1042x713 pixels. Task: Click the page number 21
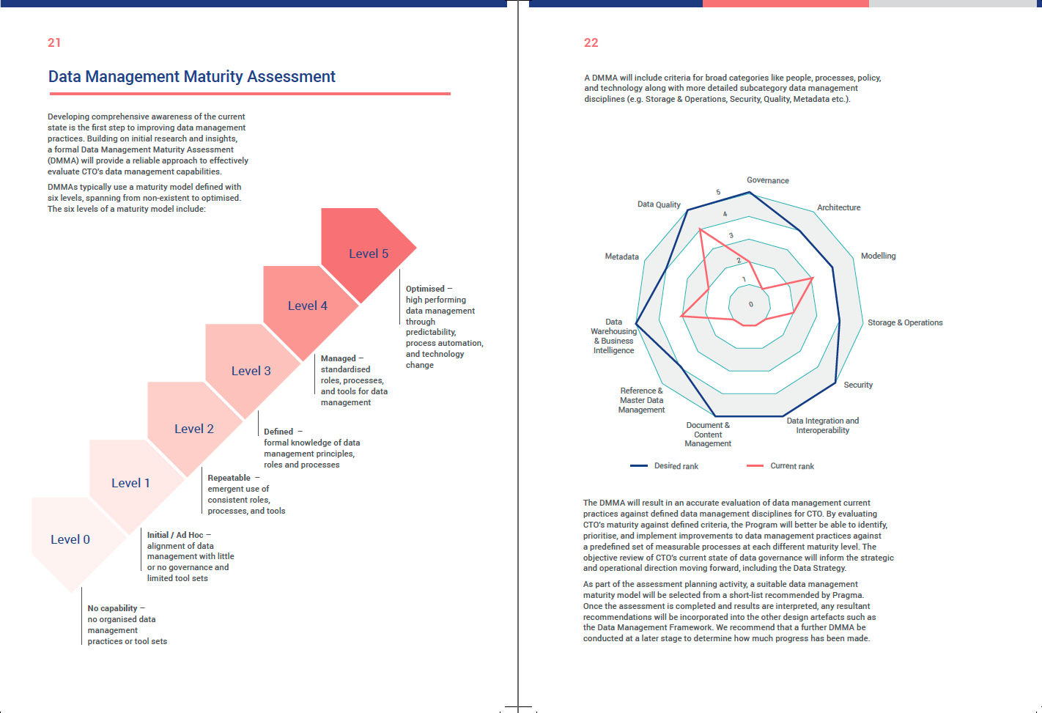[54, 43]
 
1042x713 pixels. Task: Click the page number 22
[591, 43]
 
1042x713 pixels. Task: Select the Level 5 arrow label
[369, 254]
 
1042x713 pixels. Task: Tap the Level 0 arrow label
[70, 539]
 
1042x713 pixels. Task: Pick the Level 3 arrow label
[251, 371]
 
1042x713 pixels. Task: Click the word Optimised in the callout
[425, 289]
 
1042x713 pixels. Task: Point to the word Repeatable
[229, 478]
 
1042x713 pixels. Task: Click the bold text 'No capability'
[112, 608]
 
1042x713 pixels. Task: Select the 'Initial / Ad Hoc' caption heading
[175, 535]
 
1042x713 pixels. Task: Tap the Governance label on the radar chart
[767, 180]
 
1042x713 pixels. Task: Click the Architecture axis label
[839, 207]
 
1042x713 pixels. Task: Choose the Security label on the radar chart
[858, 385]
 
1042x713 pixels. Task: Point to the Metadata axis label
[621, 256]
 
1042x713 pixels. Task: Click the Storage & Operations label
[905, 322]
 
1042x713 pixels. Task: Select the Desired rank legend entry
[665, 466]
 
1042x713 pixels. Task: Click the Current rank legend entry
[780, 466]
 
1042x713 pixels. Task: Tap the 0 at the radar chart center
[751, 305]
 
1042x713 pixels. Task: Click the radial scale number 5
[718, 192]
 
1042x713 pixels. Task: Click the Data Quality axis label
[659, 204]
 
